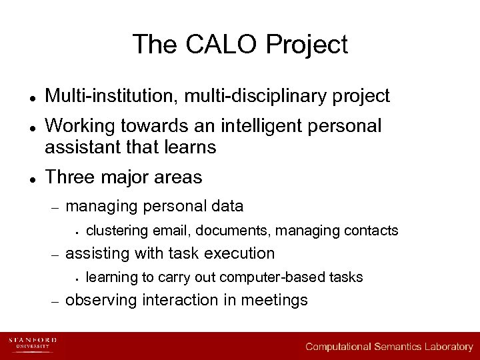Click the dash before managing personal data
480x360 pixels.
pos(55,207)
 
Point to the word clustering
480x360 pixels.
pos(117,231)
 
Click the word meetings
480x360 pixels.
pos(274,301)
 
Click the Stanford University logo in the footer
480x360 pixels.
pos(32,343)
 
